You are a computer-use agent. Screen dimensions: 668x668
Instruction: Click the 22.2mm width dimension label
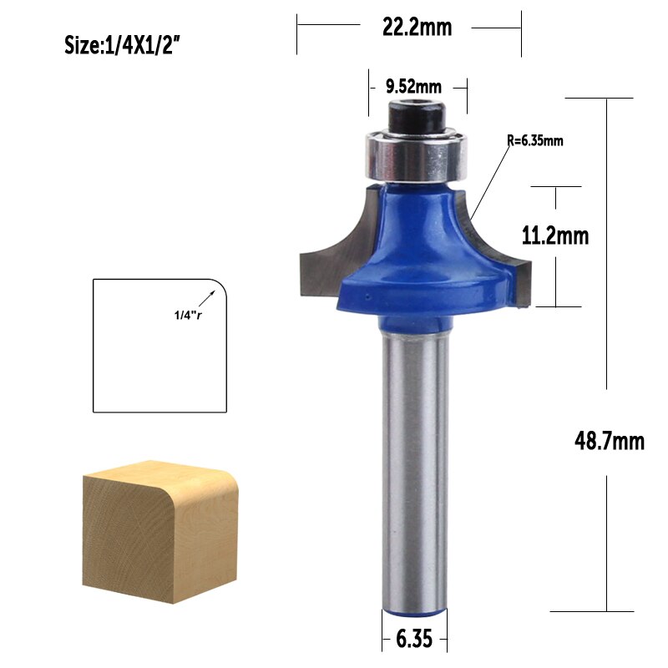[x=417, y=28]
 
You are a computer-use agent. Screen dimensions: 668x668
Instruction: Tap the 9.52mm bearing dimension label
[x=413, y=85]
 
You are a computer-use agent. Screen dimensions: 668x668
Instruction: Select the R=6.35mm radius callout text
[x=535, y=140]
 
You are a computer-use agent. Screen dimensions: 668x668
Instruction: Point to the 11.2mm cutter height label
[x=555, y=236]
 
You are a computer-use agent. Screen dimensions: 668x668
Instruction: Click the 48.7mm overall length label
[x=609, y=440]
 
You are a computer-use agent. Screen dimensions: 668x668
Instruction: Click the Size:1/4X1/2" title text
[x=123, y=45]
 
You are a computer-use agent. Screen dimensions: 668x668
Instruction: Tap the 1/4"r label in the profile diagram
[x=188, y=314]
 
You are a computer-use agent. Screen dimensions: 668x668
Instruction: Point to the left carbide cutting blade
[x=326, y=250]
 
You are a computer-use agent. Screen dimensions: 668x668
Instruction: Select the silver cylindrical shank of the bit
[x=414, y=468]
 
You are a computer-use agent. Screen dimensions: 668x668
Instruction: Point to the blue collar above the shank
[x=414, y=321]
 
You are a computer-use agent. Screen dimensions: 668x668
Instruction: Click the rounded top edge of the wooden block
[x=225, y=484]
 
